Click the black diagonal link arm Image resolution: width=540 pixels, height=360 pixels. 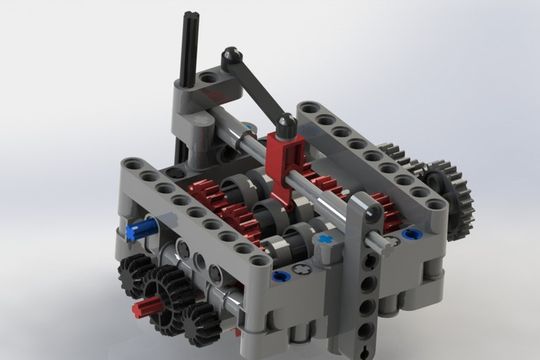click(x=258, y=88)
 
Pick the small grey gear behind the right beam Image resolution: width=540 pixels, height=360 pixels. click(x=396, y=154)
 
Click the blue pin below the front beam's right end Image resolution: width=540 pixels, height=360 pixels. click(x=281, y=276)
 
